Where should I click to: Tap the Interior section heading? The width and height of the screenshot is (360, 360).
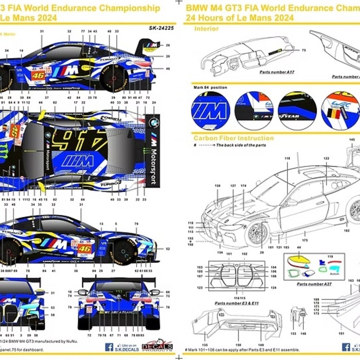[206, 29]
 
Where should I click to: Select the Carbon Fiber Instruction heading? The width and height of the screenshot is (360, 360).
[233, 138]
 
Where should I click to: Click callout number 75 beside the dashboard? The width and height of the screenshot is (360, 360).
[303, 50]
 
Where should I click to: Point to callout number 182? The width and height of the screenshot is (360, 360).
[347, 224]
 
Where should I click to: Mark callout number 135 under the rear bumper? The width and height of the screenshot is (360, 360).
[205, 345]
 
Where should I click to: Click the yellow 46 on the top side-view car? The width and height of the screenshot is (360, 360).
[38, 75]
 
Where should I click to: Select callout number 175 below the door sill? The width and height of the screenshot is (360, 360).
[304, 240]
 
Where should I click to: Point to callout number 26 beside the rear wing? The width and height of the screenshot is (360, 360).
[168, 45]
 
